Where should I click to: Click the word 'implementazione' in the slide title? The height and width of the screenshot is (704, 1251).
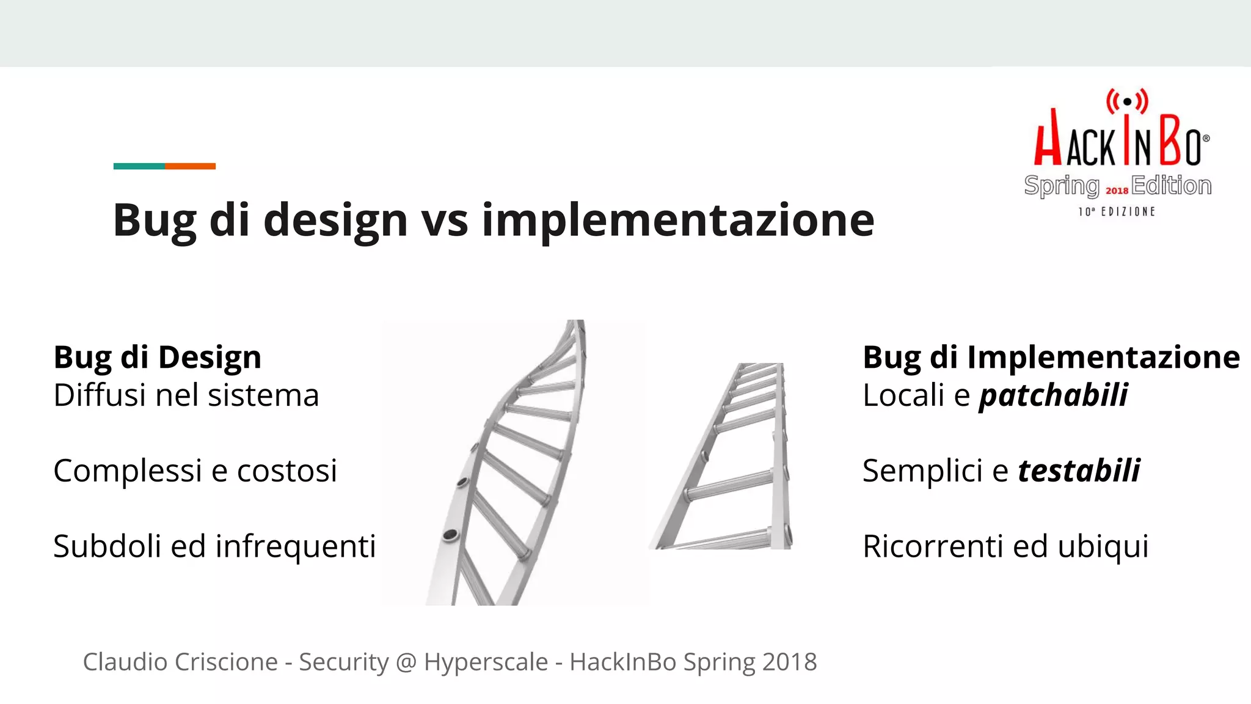(678, 220)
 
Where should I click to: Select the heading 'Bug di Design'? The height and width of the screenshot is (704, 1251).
(158, 357)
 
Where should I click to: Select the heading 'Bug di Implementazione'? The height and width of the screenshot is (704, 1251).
(1051, 357)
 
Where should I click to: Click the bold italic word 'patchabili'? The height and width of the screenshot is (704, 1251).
(1053, 395)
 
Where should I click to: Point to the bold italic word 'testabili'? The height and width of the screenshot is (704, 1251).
(1078, 471)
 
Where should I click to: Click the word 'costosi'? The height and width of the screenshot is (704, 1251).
(286, 471)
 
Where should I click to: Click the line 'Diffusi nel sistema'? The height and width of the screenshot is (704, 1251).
(186, 395)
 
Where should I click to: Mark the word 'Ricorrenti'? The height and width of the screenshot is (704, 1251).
(933, 546)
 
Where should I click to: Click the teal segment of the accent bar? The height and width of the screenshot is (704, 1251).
(139, 166)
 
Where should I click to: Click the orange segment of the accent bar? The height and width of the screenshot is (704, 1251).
(190, 166)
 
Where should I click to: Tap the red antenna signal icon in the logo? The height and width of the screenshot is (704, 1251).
(1127, 101)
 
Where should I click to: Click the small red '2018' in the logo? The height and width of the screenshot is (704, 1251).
(1117, 191)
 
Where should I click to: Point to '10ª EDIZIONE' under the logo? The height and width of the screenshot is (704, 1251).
(1117, 211)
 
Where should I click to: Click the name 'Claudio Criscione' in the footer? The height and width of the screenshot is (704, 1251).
(180, 662)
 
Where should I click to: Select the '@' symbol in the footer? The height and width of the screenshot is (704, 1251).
(406, 662)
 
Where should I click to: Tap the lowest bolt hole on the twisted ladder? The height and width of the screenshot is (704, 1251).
(451, 536)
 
